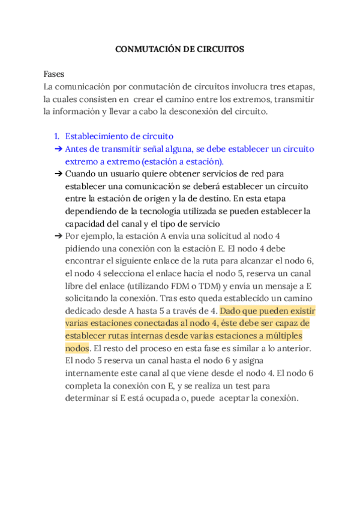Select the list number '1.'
(x=56, y=136)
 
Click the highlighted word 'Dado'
(x=231, y=311)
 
